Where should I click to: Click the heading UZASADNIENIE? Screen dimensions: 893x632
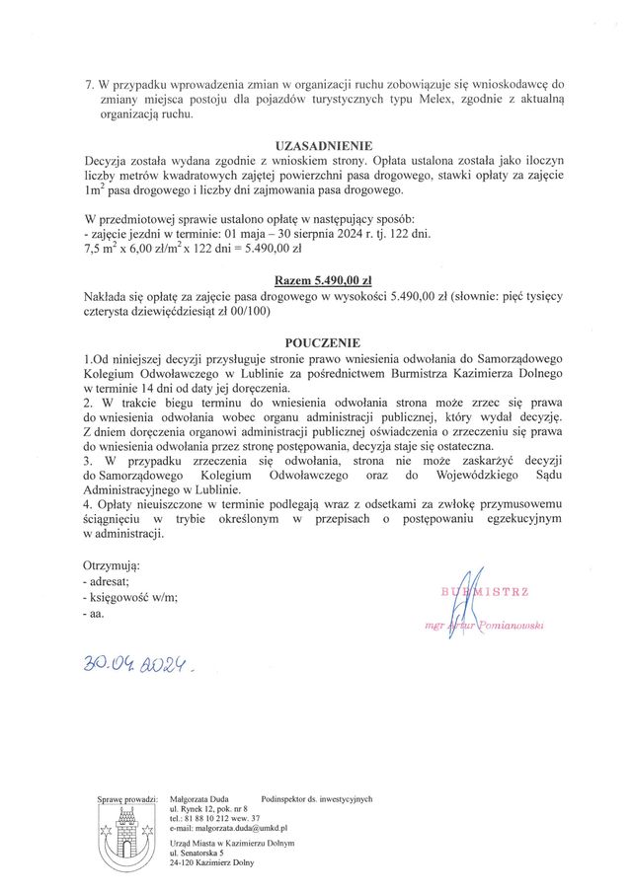pyautogui.click(x=316, y=144)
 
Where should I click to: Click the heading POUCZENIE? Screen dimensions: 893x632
pyautogui.click(x=316, y=342)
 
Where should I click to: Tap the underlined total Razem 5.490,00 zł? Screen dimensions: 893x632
pyautogui.click(x=316, y=279)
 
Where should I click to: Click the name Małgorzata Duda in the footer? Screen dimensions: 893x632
pyautogui.click(x=199, y=798)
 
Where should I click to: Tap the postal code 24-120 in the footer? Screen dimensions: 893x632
pyautogui.click(x=184, y=862)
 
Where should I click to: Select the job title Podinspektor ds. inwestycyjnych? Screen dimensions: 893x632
pyautogui.click(x=317, y=798)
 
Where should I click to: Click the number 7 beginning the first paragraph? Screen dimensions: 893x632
pyautogui.click(x=90, y=85)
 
